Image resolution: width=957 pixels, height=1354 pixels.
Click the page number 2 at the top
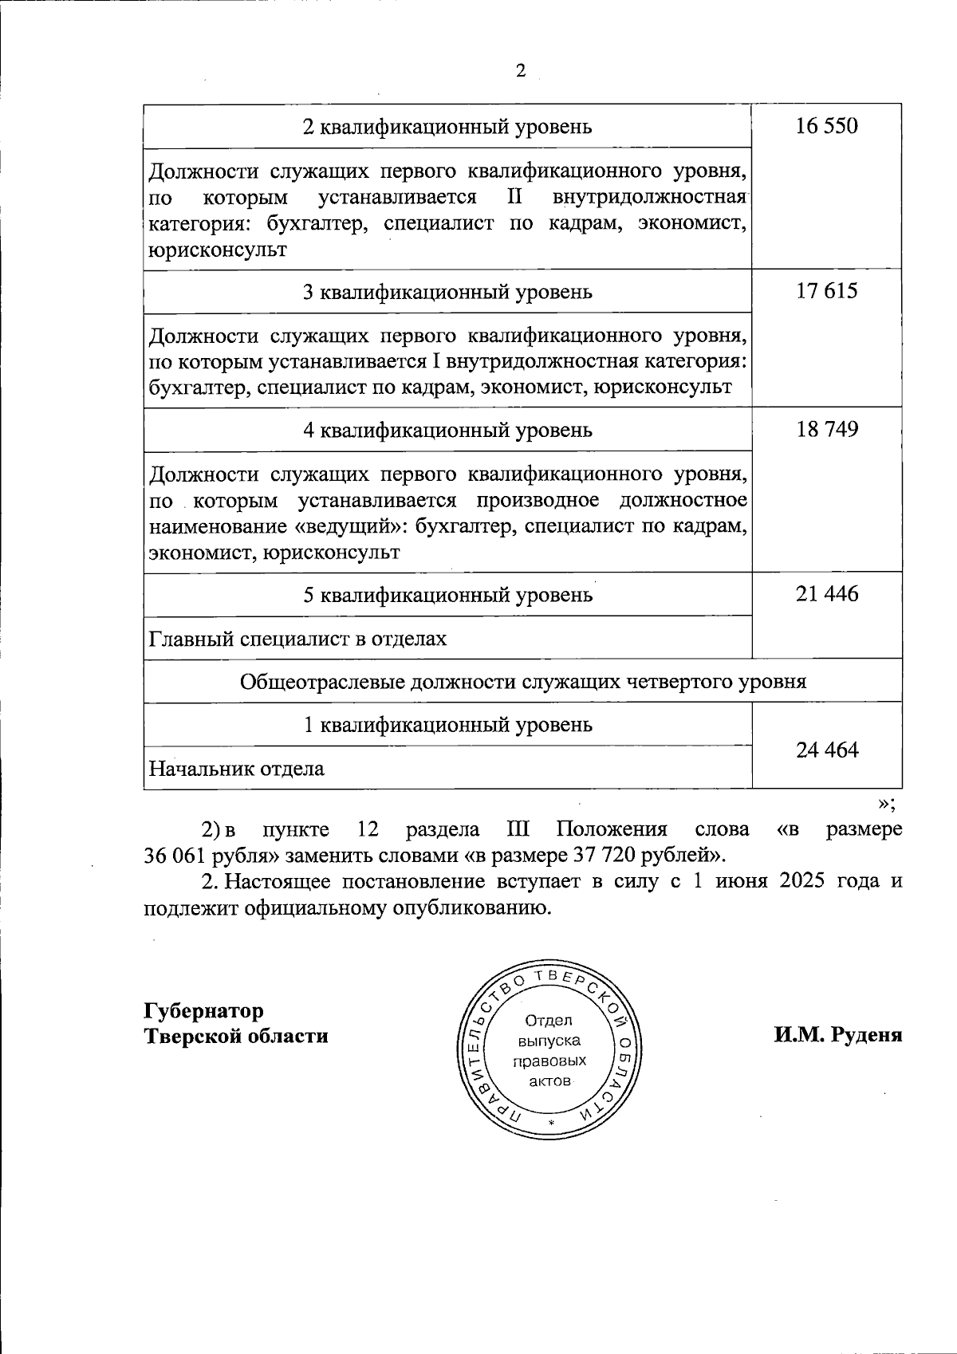(521, 71)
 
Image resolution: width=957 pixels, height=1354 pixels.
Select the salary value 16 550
(827, 126)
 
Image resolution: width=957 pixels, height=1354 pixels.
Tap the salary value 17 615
(827, 291)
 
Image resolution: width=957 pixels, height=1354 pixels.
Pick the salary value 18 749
(827, 429)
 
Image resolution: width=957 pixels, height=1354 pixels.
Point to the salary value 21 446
(827, 594)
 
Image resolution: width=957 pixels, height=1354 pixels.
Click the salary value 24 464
(827, 750)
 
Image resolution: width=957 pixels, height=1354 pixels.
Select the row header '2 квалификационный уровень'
(448, 127)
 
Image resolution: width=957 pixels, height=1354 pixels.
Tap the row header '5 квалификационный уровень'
(448, 595)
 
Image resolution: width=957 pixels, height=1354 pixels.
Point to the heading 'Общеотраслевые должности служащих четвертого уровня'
(522, 682)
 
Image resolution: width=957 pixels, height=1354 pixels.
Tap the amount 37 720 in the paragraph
(602, 856)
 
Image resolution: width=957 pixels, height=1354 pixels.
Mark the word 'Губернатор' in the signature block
(203, 1011)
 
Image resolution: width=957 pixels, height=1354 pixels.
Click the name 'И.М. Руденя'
(837, 1036)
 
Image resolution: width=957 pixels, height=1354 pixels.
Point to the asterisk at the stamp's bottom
(550, 1123)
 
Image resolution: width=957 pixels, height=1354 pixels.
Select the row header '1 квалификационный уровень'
(448, 725)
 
